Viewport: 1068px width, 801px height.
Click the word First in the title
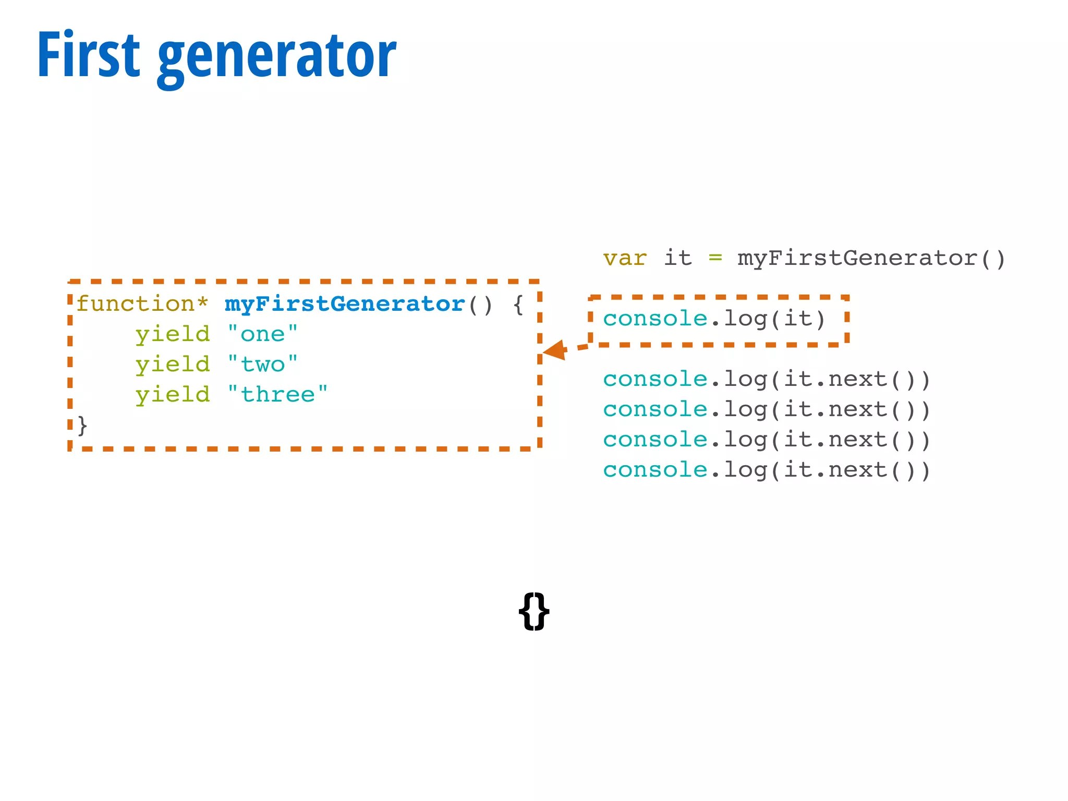pyautogui.click(x=89, y=55)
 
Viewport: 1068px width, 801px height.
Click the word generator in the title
pyautogui.click(x=276, y=57)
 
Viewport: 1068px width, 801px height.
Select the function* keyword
pyautogui.click(x=142, y=304)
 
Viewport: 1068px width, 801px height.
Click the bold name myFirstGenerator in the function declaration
pyautogui.click(x=344, y=304)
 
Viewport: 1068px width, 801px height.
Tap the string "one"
pyautogui.click(x=263, y=334)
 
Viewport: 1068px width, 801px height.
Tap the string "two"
pyautogui.click(x=263, y=364)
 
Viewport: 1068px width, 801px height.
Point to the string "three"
pyautogui.click(x=277, y=394)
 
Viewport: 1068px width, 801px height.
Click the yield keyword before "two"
pyautogui.click(x=173, y=364)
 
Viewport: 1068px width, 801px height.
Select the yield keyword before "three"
pyautogui.click(x=173, y=394)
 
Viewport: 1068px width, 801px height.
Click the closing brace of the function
pyautogui.click(x=82, y=425)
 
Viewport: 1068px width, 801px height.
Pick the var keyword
pyautogui.click(x=625, y=258)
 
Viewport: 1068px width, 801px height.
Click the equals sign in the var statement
pyautogui.click(x=715, y=258)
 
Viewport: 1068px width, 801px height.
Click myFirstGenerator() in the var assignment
pyautogui.click(x=871, y=258)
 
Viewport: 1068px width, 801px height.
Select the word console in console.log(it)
pyautogui.click(x=655, y=319)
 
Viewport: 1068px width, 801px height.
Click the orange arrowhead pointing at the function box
pyautogui.click(x=555, y=350)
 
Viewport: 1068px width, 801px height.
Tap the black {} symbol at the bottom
pyautogui.click(x=534, y=611)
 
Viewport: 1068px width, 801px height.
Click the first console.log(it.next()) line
pyautogui.click(x=767, y=379)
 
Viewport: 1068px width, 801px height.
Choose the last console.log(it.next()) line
pyautogui.click(x=767, y=470)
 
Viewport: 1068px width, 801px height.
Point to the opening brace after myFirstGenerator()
pyautogui.click(x=518, y=304)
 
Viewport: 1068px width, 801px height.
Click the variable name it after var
pyautogui.click(x=677, y=258)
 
